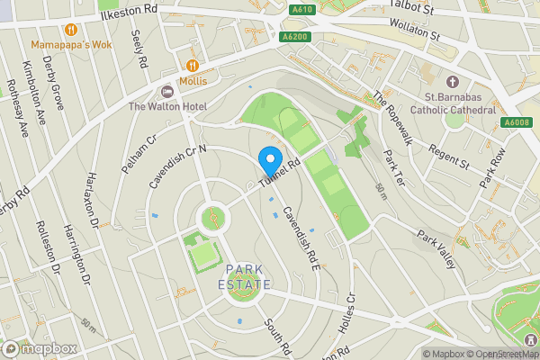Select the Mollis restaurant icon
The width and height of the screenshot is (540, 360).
click(x=193, y=65)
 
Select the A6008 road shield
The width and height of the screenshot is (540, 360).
click(x=517, y=122)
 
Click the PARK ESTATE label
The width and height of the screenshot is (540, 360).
click(x=246, y=276)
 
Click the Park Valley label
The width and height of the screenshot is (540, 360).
click(x=436, y=245)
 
